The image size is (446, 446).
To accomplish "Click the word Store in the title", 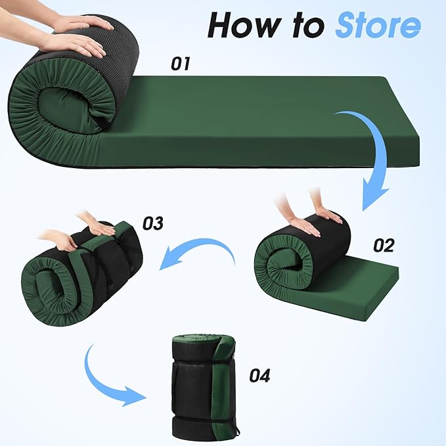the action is (378, 25).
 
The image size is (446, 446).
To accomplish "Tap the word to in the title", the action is (308, 26).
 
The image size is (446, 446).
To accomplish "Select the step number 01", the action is (181, 64).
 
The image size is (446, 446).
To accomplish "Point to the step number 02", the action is (384, 246).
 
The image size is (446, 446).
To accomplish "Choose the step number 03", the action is (153, 223).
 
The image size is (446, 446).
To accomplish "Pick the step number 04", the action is (259, 376).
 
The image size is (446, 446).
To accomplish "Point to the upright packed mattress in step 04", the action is (204, 388).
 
